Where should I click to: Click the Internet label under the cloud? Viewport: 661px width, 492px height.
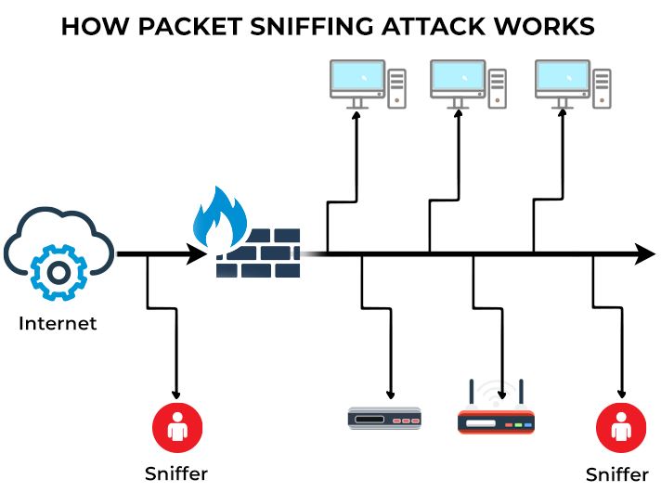[58, 324]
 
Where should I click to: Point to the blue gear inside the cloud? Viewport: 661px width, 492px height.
[58, 272]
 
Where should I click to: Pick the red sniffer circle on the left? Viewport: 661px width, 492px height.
[177, 429]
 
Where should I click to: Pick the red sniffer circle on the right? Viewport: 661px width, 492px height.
[620, 430]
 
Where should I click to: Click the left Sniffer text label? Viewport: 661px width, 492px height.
[176, 473]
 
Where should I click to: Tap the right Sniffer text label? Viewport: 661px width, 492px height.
[617, 474]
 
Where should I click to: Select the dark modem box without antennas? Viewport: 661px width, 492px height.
[384, 419]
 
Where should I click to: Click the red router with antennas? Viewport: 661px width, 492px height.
[497, 421]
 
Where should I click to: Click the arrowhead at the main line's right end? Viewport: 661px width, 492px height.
[644, 252]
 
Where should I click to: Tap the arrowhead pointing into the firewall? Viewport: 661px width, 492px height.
[197, 252]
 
